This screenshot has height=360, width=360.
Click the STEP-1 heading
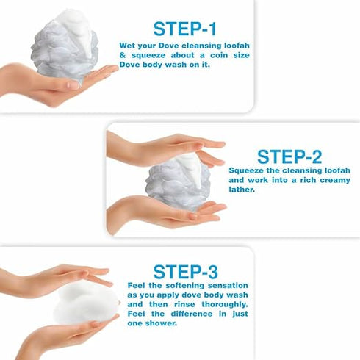pyautogui.click(x=185, y=29)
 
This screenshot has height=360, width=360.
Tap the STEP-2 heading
pyautogui.click(x=290, y=156)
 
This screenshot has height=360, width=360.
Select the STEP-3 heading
pyautogui.click(x=185, y=271)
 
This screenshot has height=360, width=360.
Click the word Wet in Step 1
pyautogui.click(x=128, y=45)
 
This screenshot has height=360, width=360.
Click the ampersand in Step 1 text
pyautogui.click(x=123, y=55)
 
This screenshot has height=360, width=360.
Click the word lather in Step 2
pyautogui.click(x=242, y=189)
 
